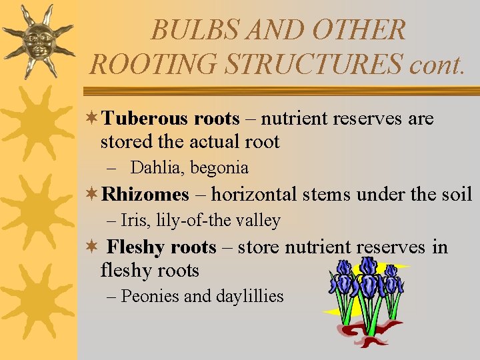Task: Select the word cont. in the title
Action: [x=436, y=63]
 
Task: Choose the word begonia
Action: [x=219, y=168]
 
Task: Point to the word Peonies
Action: [x=151, y=296]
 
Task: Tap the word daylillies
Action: [x=249, y=296]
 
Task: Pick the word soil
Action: [x=458, y=195]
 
